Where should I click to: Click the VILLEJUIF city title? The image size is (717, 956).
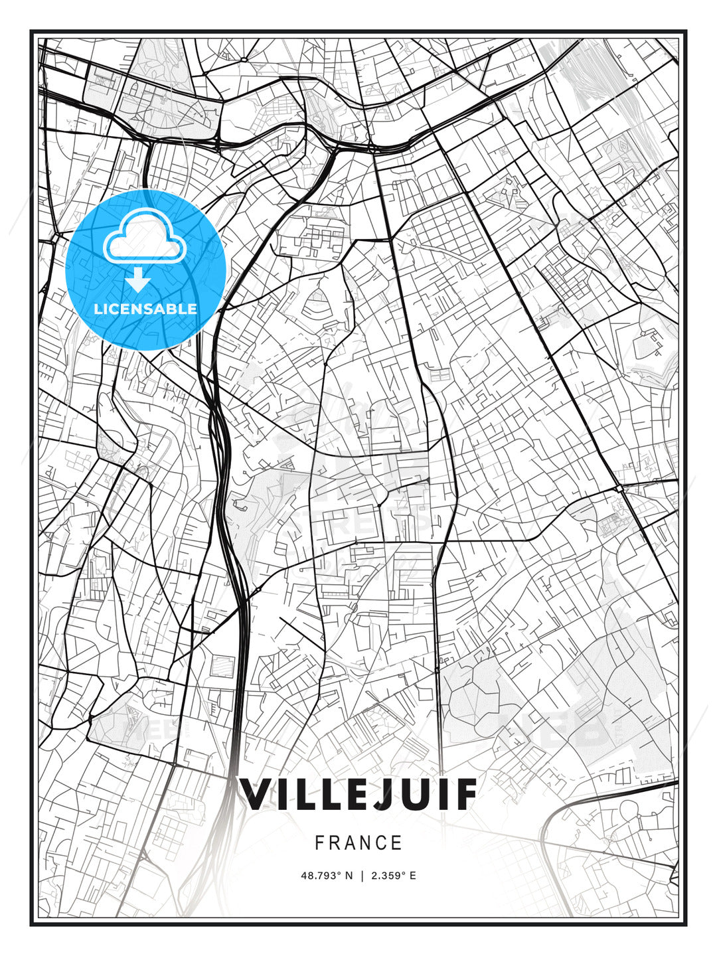click(x=358, y=794)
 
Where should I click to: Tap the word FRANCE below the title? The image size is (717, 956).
click(x=358, y=843)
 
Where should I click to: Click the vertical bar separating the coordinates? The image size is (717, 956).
click(x=362, y=876)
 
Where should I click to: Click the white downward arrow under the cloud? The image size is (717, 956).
click(x=139, y=281)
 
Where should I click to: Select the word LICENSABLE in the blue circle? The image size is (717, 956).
click(x=145, y=309)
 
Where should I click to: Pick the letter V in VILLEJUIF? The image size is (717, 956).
click(x=254, y=794)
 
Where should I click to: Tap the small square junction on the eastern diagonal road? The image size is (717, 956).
click(x=619, y=488)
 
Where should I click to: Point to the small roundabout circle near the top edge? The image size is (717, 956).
click(x=244, y=59)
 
